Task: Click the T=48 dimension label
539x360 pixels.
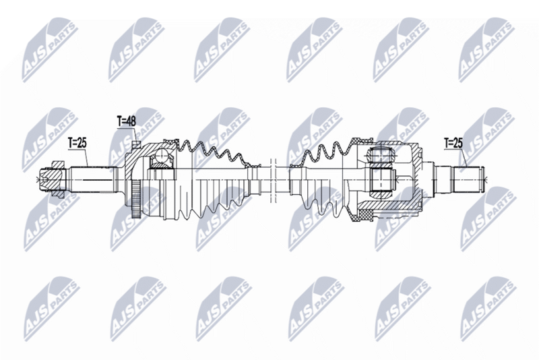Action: pos(126,121)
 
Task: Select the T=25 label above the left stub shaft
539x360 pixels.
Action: pos(78,143)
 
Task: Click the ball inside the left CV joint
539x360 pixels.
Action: pos(160,159)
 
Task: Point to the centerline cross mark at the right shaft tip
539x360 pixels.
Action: pos(489,179)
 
